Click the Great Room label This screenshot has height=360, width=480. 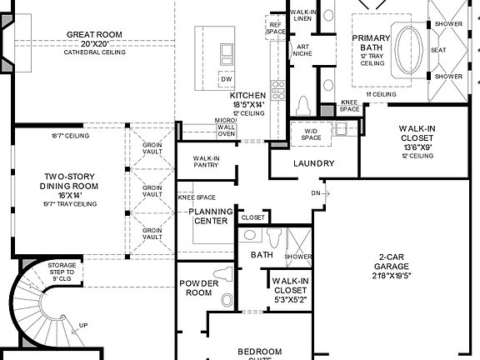click(x=95, y=35)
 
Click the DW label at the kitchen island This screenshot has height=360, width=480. click(x=227, y=78)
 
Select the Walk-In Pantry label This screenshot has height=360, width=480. click(x=206, y=162)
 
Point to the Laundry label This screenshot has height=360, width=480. click(x=314, y=164)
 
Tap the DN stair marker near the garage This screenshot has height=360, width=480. click(x=314, y=192)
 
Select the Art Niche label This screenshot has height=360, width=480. click(x=301, y=50)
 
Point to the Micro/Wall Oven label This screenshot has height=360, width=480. click(x=226, y=126)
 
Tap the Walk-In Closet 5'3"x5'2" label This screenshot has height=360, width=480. click(x=291, y=287)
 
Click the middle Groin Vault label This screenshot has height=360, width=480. click(x=152, y=191)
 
